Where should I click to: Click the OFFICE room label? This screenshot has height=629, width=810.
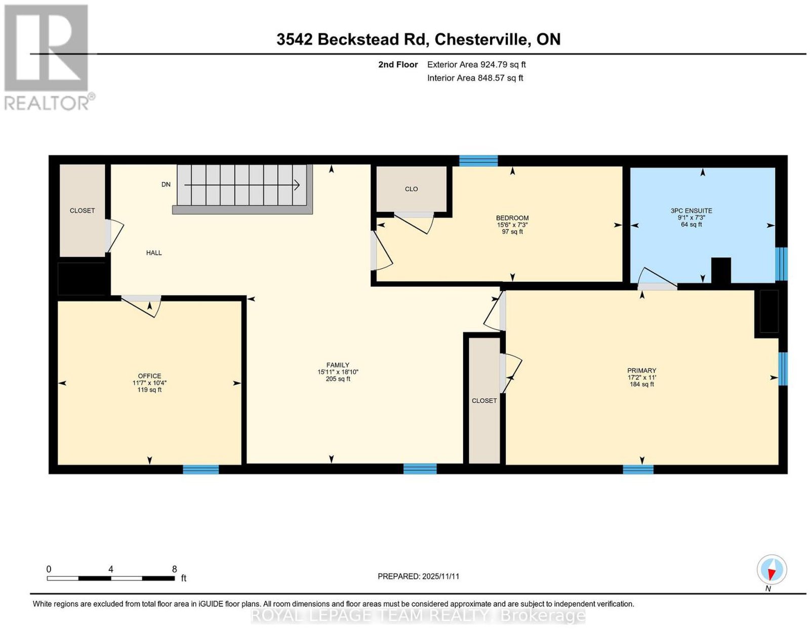coord(149,376)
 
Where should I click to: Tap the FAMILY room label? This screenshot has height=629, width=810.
coord(338,365)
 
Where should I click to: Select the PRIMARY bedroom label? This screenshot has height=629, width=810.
coord(641,370)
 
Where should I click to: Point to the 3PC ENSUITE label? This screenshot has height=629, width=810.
coord(692,211)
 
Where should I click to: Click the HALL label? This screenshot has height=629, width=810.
coord(153,253)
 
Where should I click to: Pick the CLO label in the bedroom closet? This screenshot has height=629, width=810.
coord(411,189)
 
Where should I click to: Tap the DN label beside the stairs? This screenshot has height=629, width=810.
coord(166,184)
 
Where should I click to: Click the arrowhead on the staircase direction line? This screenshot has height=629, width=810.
coord(297,185)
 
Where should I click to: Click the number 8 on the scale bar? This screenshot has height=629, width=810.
coord(174,569)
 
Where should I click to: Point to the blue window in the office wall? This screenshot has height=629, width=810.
coord(200,469)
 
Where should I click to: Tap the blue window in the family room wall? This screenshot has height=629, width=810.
coord(420,469)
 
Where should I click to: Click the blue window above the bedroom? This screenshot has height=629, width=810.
coord(478,161)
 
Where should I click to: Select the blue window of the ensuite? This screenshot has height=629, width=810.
coord(781,264)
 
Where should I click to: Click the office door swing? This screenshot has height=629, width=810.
coord(141,306)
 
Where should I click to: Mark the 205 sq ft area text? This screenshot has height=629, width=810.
coord(338,379)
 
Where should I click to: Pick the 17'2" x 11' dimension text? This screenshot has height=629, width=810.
coord(641,378)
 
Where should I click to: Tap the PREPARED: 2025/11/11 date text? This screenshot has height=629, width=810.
coord(419,576)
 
